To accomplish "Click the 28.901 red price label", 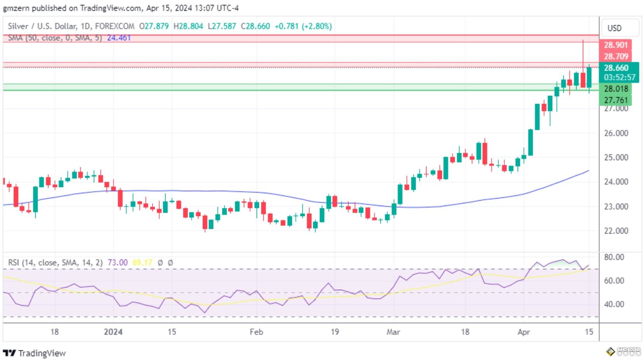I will (x=615, y=45).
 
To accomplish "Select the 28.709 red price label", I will (x=615, y=56).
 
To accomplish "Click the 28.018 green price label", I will (x=616, y=89).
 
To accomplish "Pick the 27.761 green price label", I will (x=616, y=100).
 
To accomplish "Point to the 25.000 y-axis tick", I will (x=616, y=157).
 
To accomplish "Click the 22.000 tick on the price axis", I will (x=616, y=231).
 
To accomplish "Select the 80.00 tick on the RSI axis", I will (x=614, y=257).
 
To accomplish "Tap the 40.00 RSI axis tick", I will (x=614, y=305).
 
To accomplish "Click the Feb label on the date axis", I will (x=256, y=332).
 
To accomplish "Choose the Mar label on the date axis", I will (x=393, y=332).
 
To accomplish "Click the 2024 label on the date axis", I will (x=113, y=332).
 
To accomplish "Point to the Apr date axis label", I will (x=523, y=332).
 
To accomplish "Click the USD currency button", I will (x=614, y=28).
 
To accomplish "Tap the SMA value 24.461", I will (x=119, y=38).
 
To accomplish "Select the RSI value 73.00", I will (x=117, y=263).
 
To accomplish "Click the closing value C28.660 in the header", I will (x=255, y=26).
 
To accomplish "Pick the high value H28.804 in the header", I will (x=188, y=26).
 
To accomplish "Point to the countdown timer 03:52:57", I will (x=619, y=77).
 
